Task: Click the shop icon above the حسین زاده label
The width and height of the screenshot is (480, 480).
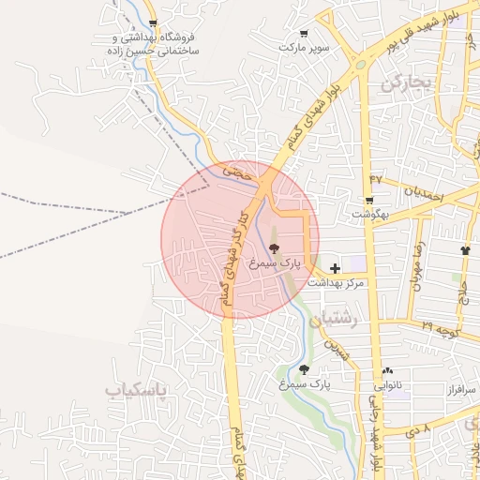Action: coord(153,24)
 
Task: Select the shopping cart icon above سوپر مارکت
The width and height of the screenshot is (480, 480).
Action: coord(303,33)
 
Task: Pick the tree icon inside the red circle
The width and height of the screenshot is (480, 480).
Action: coord(274,249)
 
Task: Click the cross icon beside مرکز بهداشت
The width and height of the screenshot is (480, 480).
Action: coord(336,269)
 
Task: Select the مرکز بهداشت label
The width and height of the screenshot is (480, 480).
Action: coord(341,283)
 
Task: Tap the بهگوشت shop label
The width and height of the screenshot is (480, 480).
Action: coord(369,214)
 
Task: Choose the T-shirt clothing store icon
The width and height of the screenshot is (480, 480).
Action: coord(466,250)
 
